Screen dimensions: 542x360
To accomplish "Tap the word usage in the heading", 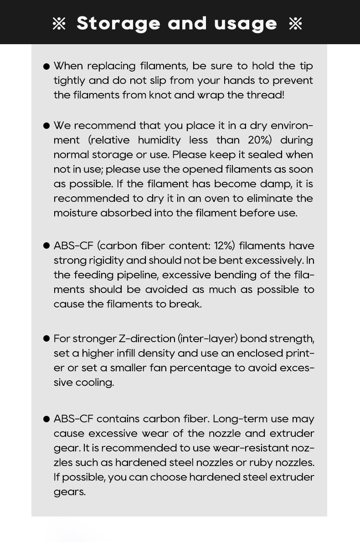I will click(x=245, y=24).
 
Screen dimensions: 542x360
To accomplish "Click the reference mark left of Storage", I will click(x=59, y=24).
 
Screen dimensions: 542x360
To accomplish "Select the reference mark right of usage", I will click(x=295, y=24).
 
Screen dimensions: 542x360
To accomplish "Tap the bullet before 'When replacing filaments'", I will click(x=46, y=66).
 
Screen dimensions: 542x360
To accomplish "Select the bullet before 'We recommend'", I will click(x=46, y=126).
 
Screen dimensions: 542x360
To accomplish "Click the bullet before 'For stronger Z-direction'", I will click(x=46, y=338).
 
